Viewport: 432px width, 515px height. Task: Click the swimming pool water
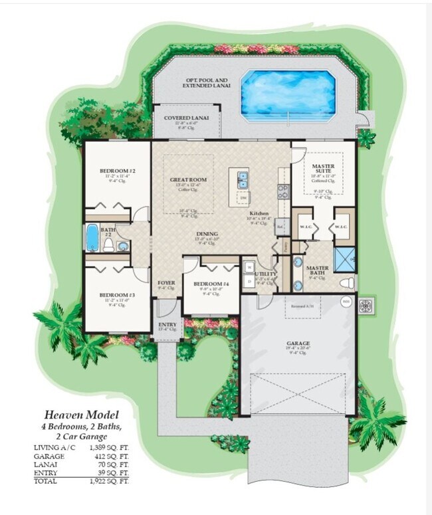[x=288, y=94]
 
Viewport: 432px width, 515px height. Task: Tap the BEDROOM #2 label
[x=117, y=171]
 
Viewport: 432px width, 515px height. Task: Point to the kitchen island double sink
[x=242, y=179]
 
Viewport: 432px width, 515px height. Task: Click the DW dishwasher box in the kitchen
[x=243, y=197]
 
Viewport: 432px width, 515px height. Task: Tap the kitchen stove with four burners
[x=282, y=193]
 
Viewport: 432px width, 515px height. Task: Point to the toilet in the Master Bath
[x=346, y=283]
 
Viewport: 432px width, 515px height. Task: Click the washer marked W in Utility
[x=249, y=268]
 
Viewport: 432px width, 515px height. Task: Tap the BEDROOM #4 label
[x=210, y=284]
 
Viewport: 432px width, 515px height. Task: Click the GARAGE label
[x=298, y=344]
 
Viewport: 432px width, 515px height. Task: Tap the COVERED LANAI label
[x=186, y=118]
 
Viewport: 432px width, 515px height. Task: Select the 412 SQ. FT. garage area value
[x=112, y=456]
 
